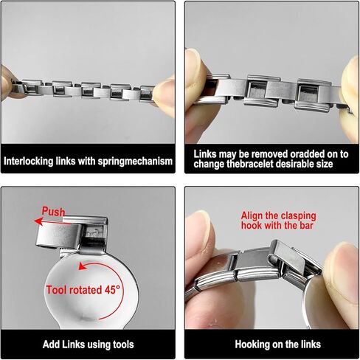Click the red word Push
53,212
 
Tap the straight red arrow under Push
53,222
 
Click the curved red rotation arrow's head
83,266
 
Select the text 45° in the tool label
112,290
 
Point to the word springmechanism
135,162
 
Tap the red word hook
251,226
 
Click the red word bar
306,226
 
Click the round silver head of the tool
91,290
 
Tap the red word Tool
56,290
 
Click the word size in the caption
325,164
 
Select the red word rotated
86,290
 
